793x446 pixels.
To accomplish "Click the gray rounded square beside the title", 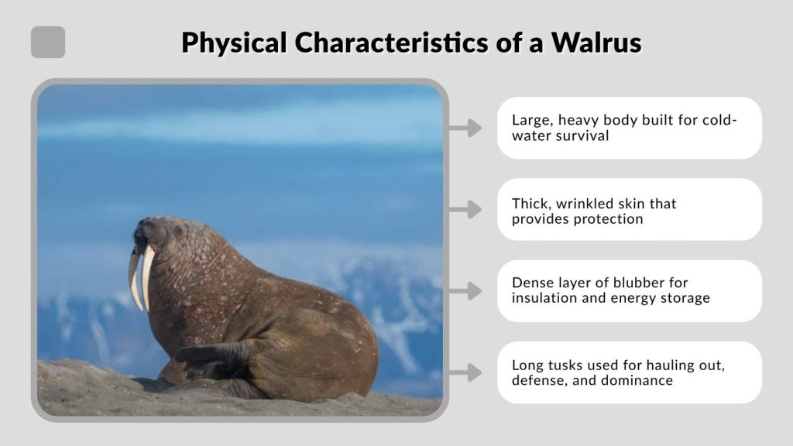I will pyautogui.click(x=48, y=43).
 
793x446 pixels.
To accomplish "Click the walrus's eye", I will pyautogui.click(x=177, y=230).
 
